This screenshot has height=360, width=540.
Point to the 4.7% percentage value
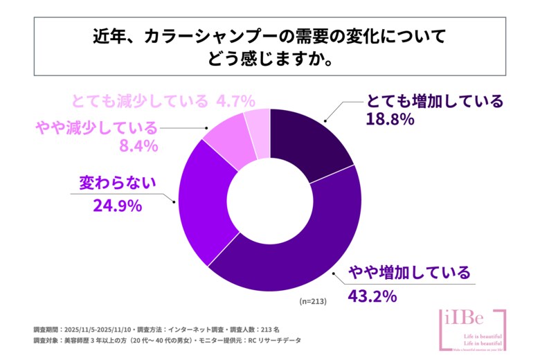tap(235, 100)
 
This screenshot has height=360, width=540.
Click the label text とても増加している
tap(434, 100)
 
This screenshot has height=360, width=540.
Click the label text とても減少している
tap(139, 100)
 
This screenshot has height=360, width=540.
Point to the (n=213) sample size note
tap(312, 302)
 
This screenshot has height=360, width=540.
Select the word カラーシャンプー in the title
tap(208, 37)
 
